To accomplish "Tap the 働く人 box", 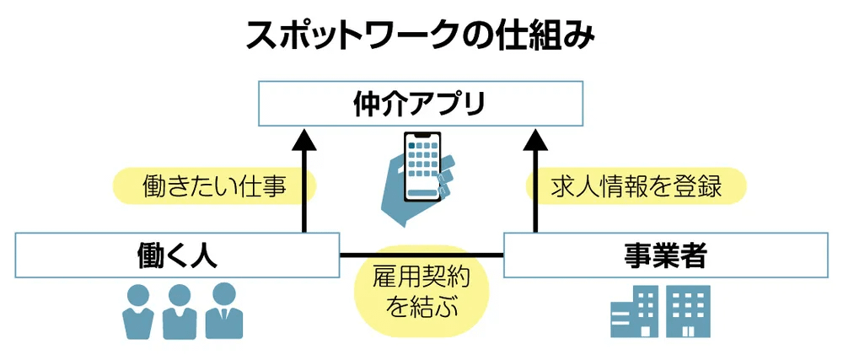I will [x=177, y=255].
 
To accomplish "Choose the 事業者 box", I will [x=666, y=255].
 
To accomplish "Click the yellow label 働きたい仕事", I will [x=214, y=185].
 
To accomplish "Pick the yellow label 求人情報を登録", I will [x=636, y=185].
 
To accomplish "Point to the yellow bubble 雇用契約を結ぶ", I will [x=421, y=290].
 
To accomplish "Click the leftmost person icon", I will [x=137, y=313].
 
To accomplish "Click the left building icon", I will [x=633, y=312].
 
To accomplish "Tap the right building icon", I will [x=689, y=310].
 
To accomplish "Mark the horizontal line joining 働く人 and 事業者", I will [x=354, y=255].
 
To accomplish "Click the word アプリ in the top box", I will [x=450, y=105].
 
